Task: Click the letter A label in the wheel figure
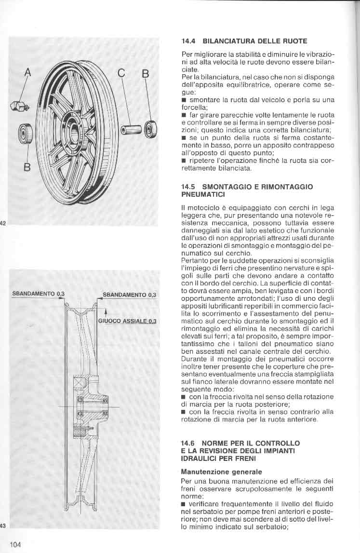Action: pyautogui.click(x=27, y=73)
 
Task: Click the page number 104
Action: pyautogui.click(x=15, y=545)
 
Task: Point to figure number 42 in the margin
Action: pyautogui.click(x=2, y=223)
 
